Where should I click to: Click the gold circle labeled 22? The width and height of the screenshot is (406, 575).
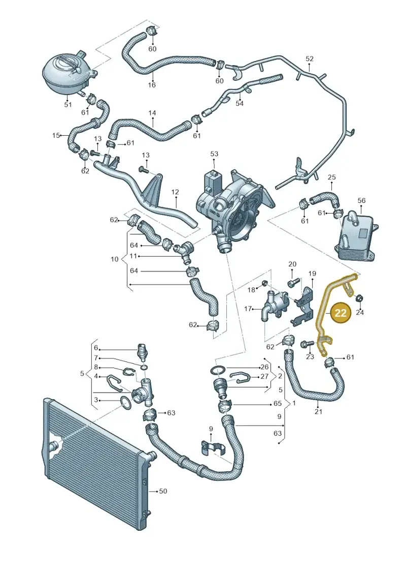(x=341, y=313)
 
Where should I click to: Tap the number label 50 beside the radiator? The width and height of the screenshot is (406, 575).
(x=163, y=491)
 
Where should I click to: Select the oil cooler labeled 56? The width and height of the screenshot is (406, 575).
(x=357, y=236)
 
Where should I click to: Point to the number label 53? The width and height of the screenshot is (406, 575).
(x=214, y=154)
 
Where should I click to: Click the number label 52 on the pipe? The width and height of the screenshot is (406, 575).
(x=310, y=58)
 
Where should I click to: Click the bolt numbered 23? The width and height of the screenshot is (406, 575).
(x=307, y=344)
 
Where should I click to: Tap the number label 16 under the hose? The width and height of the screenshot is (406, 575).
(x=152, y=85)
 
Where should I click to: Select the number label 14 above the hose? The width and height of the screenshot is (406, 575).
(x=152, y=113)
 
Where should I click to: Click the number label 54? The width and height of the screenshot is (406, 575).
(x=240, y=103)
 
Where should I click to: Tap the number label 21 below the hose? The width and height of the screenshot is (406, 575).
(x=319, y=411)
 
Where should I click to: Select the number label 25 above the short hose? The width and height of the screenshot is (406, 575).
(x=331, y=177)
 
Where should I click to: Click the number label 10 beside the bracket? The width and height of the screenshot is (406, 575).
(x=115, y=259)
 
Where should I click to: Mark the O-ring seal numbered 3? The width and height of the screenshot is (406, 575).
(x=126, y=403)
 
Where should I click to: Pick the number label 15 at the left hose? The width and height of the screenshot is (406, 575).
(x=56, y=135)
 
